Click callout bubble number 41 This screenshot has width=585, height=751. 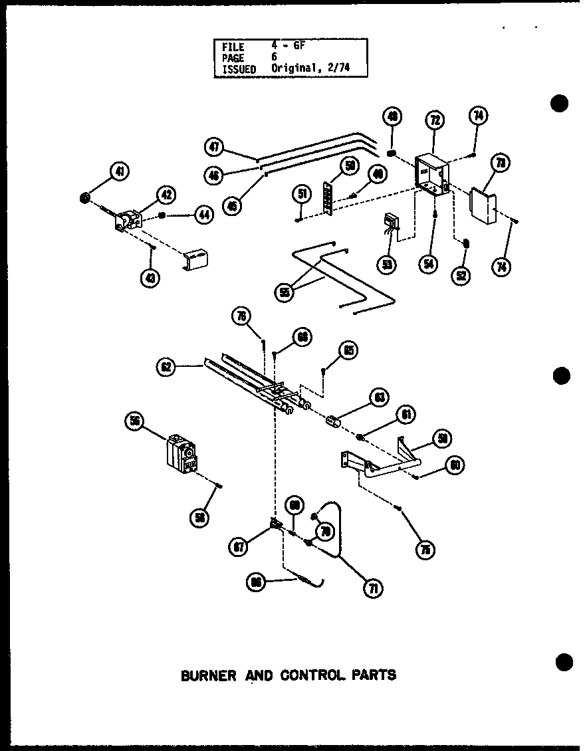(x=120, y=172)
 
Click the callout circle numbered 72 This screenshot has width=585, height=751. (x=435, y=120)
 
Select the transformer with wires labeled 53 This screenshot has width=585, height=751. (x=389, y=225)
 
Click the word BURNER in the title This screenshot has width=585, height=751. (x=209, y=675)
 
